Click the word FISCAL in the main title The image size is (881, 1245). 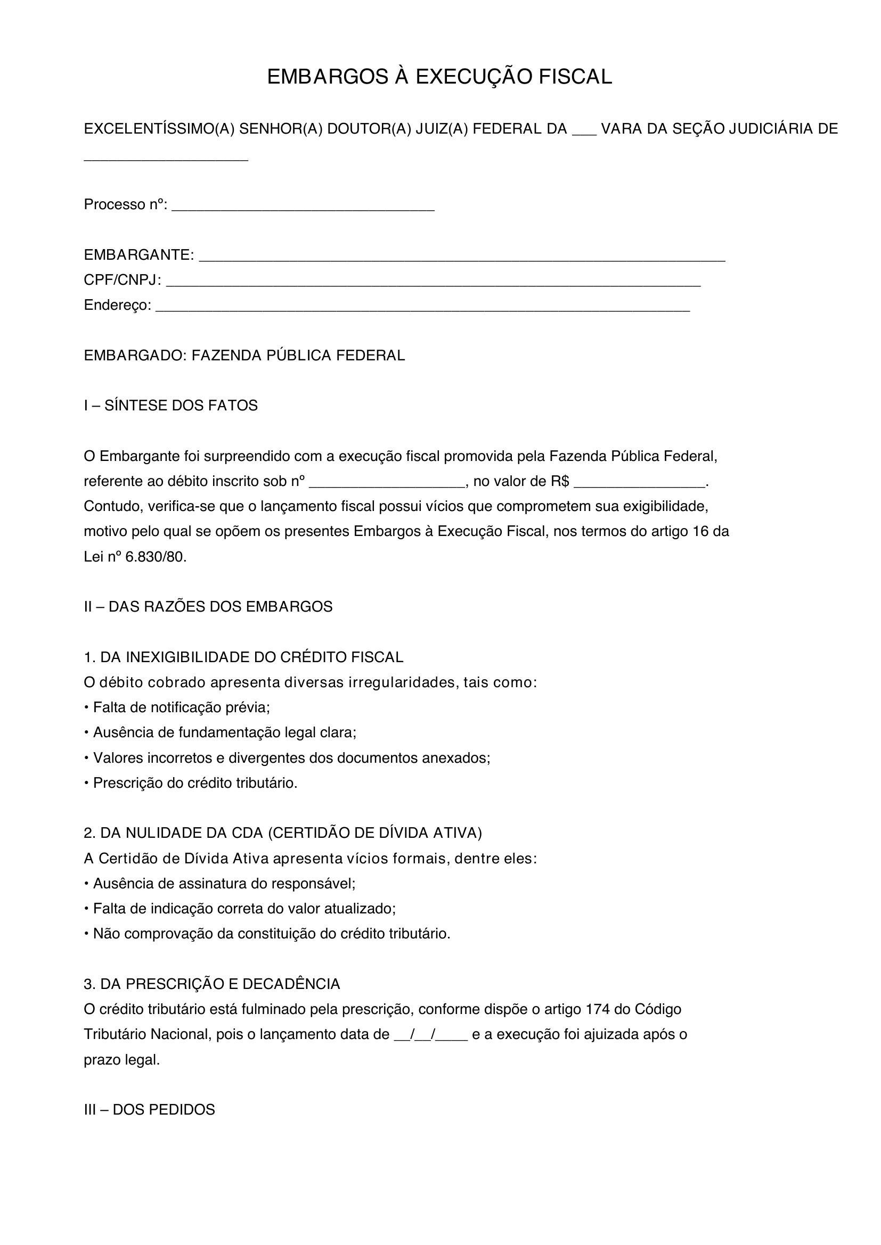click(x=575, y=77)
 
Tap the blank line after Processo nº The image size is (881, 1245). click(x=303, y=206)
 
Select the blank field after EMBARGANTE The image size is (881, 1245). click(x=462, y=257)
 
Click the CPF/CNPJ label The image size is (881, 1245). click(x=122, y=281)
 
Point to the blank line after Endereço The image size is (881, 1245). click(x=422, y=307)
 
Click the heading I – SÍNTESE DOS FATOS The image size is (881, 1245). click(x=171, y=406)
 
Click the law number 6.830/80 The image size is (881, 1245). click(x=156, y=557)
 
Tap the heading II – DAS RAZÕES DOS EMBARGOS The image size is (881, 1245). click(x=208, y=607)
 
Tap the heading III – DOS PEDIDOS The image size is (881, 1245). click(x=150, y=1110)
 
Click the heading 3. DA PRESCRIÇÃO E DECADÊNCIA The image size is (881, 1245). click(x=212, y=984)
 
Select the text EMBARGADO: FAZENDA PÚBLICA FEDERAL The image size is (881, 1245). click(x=244, y=356)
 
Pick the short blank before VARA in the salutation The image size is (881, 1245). click(x=584, y=130)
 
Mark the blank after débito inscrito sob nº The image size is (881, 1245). click(x=388, y=482)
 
